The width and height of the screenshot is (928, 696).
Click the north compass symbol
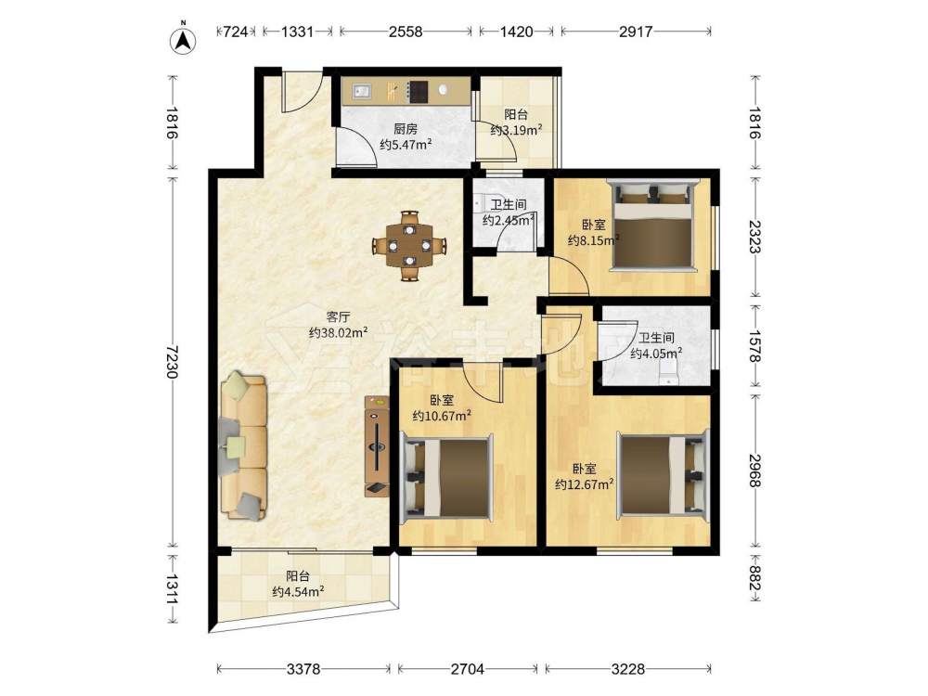[184, 40]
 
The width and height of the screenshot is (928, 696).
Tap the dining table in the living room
[409, 245]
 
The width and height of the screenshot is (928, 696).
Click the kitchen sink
[361, 91]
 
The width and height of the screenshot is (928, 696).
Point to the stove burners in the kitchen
[418, 92]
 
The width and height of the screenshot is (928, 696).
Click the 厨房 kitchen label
[406, 128]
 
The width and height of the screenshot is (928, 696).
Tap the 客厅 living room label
[338, 317]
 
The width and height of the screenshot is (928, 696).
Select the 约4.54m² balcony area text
[298, 590]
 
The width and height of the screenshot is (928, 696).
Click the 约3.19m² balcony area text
[516, 130]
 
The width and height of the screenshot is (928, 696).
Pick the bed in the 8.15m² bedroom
[653, 226]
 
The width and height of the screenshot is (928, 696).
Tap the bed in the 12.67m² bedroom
[663, 475]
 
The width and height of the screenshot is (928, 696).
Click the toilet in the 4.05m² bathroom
[668, 372]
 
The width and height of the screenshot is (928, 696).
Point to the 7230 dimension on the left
[173, 362]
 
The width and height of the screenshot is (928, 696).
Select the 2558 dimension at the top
[406, 32]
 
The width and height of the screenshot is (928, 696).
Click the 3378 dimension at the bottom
[303, 669]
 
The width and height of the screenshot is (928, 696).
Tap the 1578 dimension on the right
[754, 346]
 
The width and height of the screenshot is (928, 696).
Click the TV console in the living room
[377, 445]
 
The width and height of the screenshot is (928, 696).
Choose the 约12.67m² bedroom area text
[584, 484]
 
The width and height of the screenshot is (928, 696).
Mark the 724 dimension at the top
[235, 32]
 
